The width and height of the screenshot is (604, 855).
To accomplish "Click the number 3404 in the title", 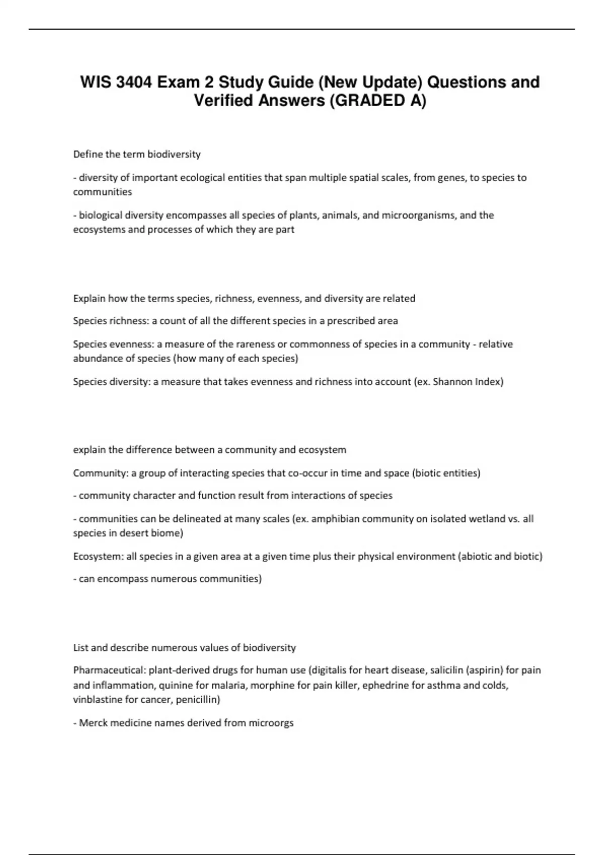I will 134,82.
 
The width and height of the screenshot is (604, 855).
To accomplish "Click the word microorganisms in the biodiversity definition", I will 419,215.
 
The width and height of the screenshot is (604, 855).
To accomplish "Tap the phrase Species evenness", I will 113,344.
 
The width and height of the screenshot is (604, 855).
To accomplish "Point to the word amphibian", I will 333,519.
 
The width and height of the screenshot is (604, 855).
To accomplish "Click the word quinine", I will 175,685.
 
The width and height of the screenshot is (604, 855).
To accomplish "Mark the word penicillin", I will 197,700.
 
